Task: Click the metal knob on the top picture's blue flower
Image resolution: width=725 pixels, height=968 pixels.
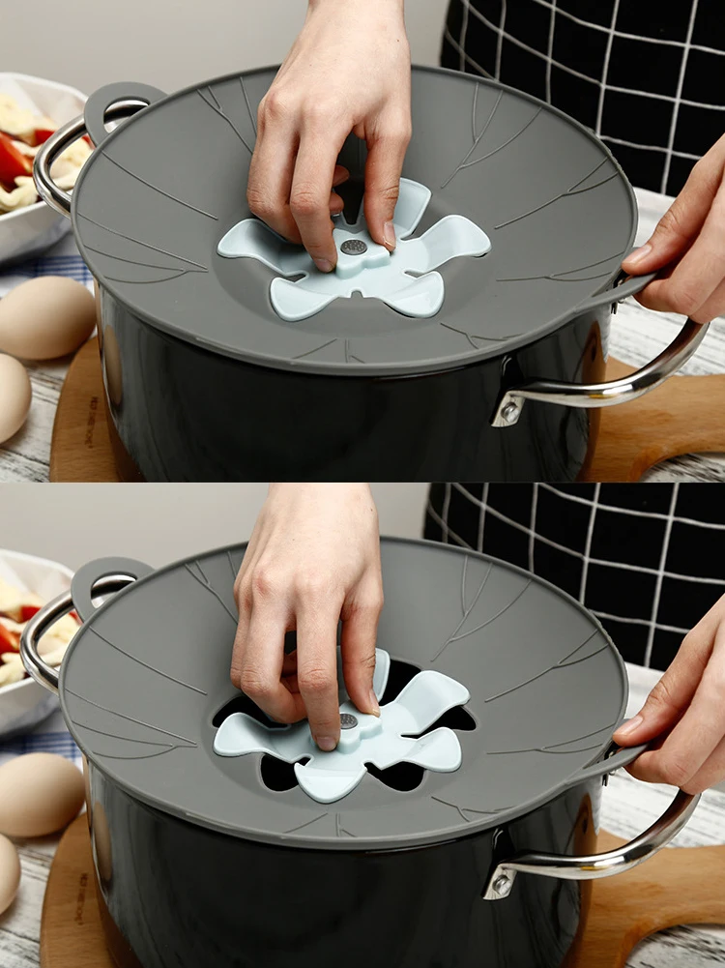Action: click(354, 248)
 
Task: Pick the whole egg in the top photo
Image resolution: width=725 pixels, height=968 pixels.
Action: click(44, 318)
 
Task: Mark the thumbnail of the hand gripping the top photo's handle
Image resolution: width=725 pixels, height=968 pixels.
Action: click(639, 255)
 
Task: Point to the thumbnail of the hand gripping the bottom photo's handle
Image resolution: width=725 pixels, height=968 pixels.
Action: click(629, 725)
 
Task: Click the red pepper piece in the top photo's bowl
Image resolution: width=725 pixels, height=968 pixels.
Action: click(14, 160)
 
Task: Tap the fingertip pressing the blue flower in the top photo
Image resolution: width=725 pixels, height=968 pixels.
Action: click(324, 263)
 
